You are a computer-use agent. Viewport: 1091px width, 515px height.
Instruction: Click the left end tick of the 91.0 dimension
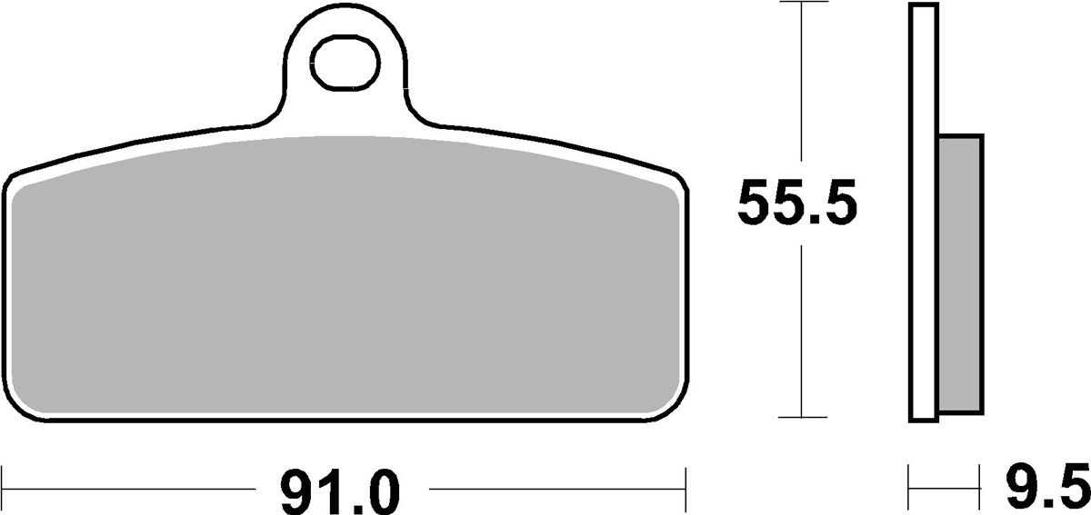(x=5, y=479)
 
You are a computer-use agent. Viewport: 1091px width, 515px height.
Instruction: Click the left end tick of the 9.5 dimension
(x=909, y=479)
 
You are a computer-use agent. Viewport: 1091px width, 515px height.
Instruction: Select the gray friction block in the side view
(x=959, y=272)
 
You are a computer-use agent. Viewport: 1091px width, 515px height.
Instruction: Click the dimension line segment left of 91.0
(x=127, y=491)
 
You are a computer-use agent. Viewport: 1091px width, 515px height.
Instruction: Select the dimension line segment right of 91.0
(x=555, y=491)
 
